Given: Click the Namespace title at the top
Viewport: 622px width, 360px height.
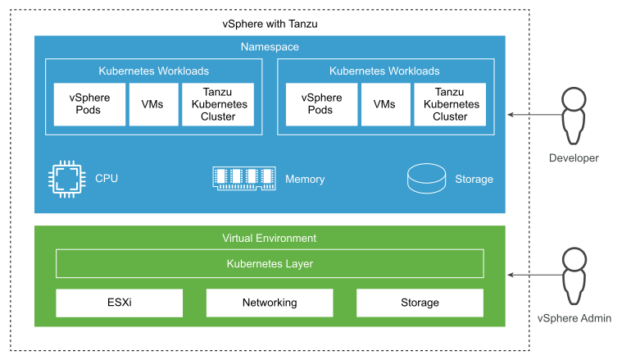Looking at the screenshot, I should point(270,48).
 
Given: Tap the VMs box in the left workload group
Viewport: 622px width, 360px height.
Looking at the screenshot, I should point(152,104).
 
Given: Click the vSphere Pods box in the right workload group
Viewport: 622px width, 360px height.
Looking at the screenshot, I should point(320,104).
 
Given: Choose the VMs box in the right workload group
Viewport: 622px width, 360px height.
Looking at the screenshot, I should point(384,104).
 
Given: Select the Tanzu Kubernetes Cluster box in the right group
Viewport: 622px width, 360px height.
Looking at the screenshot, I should point(450,104).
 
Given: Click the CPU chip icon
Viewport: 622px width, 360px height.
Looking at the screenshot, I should point(66,179).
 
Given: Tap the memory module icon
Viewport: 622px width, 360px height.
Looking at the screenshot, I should point(243,179).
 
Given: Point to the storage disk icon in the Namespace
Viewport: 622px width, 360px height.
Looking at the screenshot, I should point(426,179).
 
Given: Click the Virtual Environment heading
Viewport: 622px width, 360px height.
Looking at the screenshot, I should point(270,239).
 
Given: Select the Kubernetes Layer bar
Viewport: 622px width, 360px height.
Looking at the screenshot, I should point(270,264).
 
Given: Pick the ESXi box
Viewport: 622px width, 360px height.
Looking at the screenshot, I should point(119,303).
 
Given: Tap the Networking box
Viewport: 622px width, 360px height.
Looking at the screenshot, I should point(270,303).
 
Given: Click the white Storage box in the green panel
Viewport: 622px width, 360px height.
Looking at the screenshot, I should point(420,303).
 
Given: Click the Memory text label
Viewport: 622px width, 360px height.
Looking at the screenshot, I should point(305,179).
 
